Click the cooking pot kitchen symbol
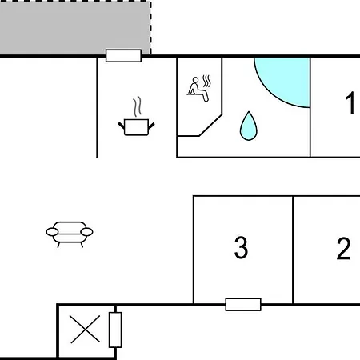pos(136,127)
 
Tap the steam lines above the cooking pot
pos(138,106)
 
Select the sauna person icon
pos(198,90)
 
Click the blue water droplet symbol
pos(249,126)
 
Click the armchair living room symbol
pos(70,234)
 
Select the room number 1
pos(350,102)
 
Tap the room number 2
pos(343,248)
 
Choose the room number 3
pos(241,247)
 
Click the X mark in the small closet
pos(86,329)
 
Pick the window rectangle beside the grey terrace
pos(123,55)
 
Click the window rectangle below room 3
pos(243,304)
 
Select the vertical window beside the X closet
pos(115,330)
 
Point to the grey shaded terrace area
pos(75,28)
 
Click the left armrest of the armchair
pos(52,232)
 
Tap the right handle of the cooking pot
pos(151,126)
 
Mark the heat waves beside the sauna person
pos(207,81)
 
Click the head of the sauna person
pos(195,80)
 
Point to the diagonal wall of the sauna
pos(210,126)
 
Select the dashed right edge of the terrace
pos(150,28)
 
